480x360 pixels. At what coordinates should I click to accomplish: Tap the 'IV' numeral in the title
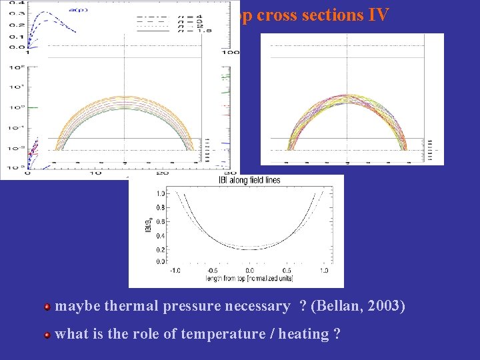pyautogui.click(x=377, y=15)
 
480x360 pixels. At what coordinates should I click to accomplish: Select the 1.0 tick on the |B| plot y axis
pyautogui.click(x=161, y=193)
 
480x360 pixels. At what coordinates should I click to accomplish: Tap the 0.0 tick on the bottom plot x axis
pyautogui.click(x=249, y=271)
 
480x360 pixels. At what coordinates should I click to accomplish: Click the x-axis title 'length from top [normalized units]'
pyautogui.click(x=249, y=278)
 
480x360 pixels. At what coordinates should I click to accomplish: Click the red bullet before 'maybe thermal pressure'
pyautogui.click(x=47, y=307)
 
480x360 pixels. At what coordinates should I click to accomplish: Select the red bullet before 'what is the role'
pyautogui.click(x=47, y=335)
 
